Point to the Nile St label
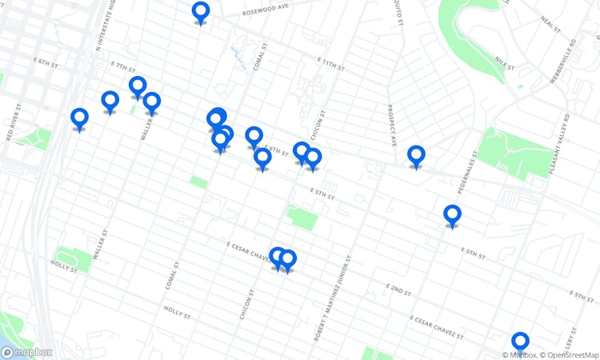(502, 60)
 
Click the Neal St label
(551, 25)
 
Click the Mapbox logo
(27, 352)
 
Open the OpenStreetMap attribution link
(569, 354)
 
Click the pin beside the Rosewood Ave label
(201, 12)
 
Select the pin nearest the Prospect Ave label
(416, 155)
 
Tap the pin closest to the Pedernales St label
(452, 214)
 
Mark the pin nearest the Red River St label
(79, 118)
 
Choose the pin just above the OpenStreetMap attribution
(520, 342)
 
